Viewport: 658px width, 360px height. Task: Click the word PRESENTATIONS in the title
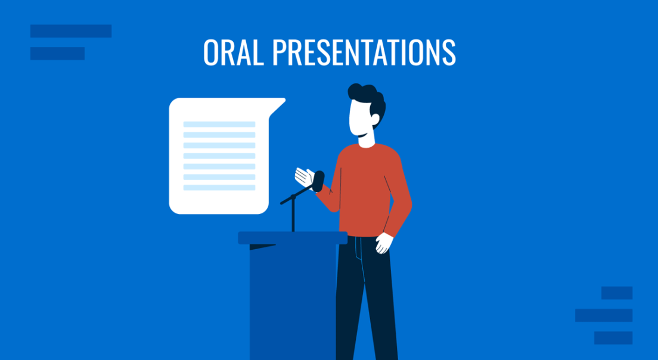(364, 52)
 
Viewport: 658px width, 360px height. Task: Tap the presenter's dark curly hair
(370, 99)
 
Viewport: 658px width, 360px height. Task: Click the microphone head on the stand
(319, 181)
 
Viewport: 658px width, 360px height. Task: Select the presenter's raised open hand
(304, 176)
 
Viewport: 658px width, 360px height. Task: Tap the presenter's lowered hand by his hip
(384, 243)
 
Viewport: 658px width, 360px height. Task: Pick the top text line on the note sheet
(219, 124)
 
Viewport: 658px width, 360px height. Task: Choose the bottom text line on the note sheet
(219, 188)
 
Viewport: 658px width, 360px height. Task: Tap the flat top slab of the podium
(292, 238)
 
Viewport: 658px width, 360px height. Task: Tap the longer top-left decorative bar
(71, 31)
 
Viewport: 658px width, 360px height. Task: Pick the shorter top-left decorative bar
(57, 54)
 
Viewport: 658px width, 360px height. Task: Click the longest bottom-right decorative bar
(603, 315)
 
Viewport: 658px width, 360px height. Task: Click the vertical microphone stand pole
(293, 218)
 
